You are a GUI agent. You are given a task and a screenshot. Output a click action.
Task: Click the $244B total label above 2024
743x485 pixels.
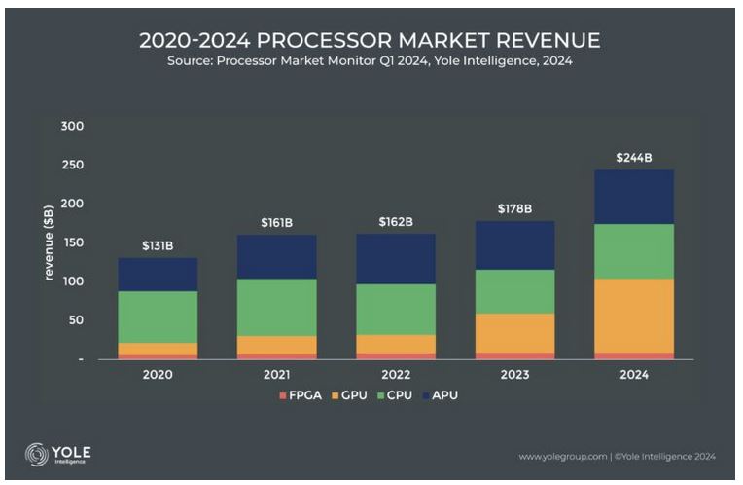tap(633, 158)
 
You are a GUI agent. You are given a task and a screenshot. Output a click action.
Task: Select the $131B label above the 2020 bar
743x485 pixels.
tap(158, 245)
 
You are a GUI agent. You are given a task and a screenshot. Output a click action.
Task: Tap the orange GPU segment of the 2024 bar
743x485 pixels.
tap(633, 316)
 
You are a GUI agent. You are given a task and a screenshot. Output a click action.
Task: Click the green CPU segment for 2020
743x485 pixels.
tap(158, 317)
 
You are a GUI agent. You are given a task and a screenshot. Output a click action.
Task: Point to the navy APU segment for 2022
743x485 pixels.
tap(395, 258)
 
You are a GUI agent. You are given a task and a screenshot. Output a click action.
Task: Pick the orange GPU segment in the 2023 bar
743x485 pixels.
tap(514, 333)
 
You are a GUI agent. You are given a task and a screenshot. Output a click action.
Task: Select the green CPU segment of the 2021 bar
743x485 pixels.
tap(276, 307)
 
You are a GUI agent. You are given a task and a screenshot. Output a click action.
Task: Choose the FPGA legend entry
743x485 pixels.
tap(299, 395)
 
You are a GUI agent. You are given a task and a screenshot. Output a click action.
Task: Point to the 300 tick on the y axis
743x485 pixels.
tap(73, 127)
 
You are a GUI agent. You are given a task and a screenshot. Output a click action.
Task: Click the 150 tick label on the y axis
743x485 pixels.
tap(73, 242)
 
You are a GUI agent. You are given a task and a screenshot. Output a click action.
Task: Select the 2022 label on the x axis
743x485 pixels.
tap(395, 374)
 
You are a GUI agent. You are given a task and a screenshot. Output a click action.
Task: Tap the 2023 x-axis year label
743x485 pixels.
tap(514, 374)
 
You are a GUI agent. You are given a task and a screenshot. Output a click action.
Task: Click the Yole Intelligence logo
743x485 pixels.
tap(59, 454)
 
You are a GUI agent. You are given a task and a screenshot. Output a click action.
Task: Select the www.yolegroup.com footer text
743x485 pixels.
tap(561, 456)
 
